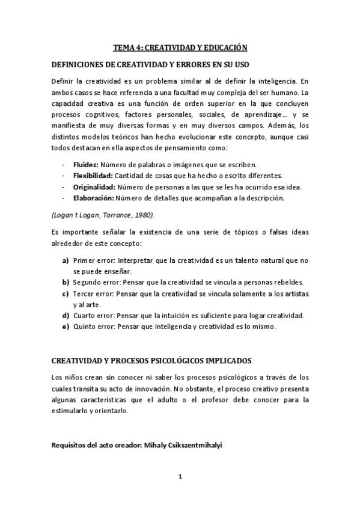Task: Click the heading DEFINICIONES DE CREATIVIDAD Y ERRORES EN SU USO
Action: [151, 64]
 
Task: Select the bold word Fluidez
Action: [85, 164]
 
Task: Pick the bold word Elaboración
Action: [93, 197]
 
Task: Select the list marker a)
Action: [65, 260]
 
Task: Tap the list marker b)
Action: [65, 282]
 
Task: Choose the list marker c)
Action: [65, 293]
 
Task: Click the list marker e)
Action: [65, 327]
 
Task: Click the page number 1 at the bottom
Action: [180, 477]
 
